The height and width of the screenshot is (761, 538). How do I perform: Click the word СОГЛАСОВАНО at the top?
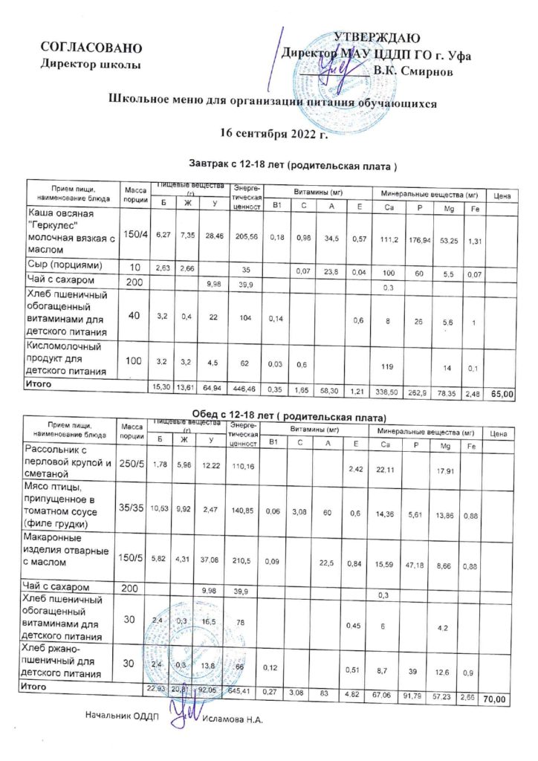90,48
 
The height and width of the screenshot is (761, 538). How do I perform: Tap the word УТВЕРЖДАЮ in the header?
378,39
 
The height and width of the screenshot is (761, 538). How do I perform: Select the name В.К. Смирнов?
420,71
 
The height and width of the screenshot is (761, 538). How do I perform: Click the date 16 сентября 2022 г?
274,134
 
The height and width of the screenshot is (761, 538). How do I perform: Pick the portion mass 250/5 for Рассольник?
133,464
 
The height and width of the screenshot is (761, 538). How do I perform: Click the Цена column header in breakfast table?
500,195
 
